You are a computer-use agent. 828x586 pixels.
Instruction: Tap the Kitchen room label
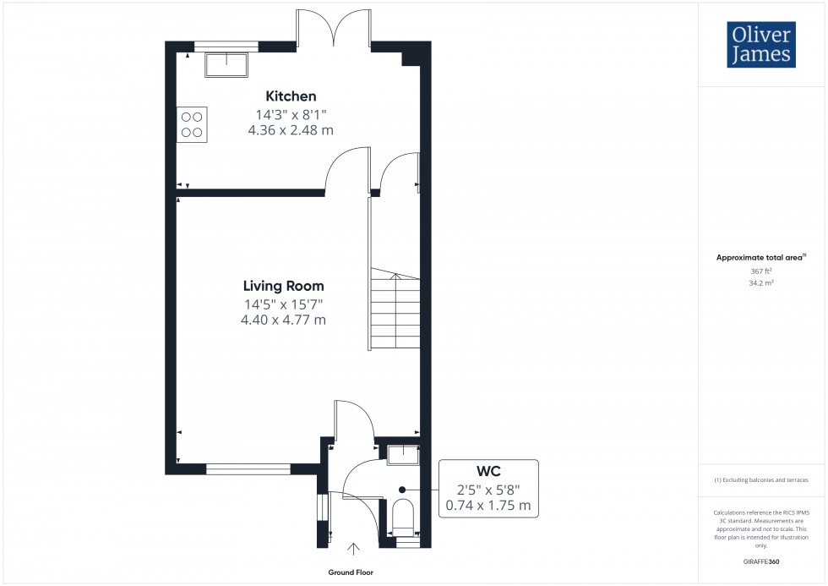click(291, 96)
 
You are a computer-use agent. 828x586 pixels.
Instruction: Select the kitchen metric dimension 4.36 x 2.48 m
click(291, 130)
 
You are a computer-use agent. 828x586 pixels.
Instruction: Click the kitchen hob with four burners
click(192, 123)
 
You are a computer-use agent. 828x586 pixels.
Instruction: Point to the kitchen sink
click(225, 63)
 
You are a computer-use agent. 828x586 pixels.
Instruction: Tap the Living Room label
click(283, 286)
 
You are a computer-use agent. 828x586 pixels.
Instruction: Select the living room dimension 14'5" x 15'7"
click(283, 304)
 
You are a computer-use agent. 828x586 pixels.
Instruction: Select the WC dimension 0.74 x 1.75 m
click(488, 506)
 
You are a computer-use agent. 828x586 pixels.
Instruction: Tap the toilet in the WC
click(404, 516)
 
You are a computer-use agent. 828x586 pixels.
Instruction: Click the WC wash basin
click(403, 455)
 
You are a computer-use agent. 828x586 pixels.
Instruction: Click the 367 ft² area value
click(761, 271)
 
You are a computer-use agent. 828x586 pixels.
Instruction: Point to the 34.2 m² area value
click(761, 283)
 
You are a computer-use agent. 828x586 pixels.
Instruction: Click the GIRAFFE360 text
click(761, 561)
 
